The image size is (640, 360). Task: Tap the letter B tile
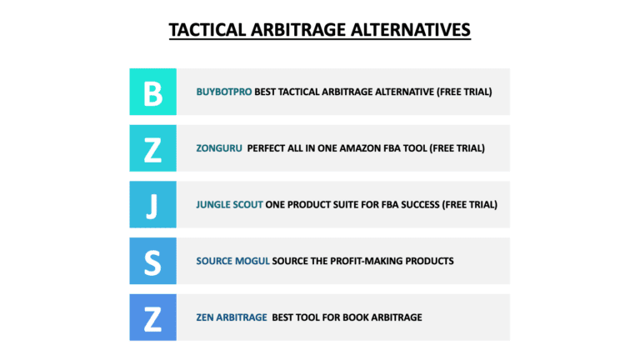pyautogui.click(x=152, y=92)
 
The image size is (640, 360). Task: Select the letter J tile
pyautogui.click(x=152, y=204)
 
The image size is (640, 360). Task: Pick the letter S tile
pyautogui.click(x=152, y=261)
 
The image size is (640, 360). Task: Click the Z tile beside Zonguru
pyautogui.click(x=152, y=148)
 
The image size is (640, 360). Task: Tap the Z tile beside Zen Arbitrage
pyautogui.click(x=152, y=317)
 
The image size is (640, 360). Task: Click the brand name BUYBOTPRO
pyautogui.click(x=224, y=92)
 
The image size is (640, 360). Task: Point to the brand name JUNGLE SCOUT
pyautogui.click(x=229, y=204)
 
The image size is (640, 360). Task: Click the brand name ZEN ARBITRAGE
pyautogui.click(x=232, y=317)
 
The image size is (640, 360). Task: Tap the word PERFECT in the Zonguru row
pyautogui.click(x=267, y=148)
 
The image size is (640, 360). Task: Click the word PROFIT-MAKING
pyautogui.click(x=371, y=261)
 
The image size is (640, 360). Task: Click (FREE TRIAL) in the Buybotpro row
pyautogui.click(x=463, y=92)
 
